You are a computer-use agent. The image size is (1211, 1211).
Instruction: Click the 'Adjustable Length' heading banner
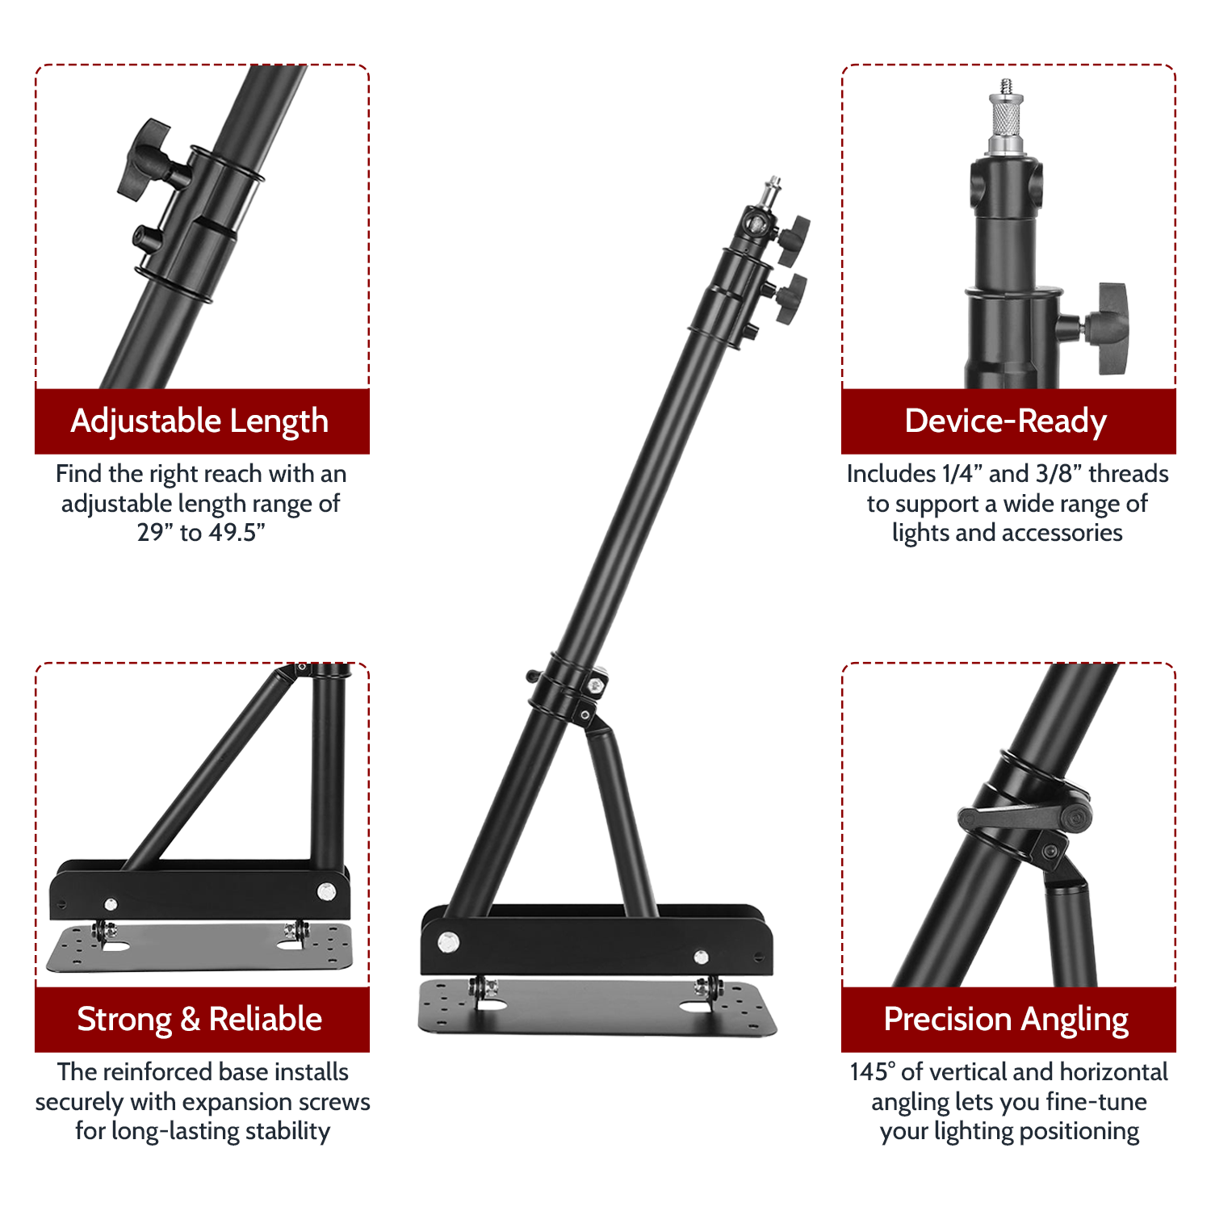202,421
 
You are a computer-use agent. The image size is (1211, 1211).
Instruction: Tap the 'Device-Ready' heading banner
1008,421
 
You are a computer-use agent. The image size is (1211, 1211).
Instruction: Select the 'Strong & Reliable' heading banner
202,1020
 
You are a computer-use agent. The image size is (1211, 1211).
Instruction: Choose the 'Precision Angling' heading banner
1008,1020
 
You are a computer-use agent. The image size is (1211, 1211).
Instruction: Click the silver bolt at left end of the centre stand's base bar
448,941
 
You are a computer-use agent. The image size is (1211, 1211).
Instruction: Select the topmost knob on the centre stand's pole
793,239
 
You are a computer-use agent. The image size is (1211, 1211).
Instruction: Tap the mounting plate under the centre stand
597,1007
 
